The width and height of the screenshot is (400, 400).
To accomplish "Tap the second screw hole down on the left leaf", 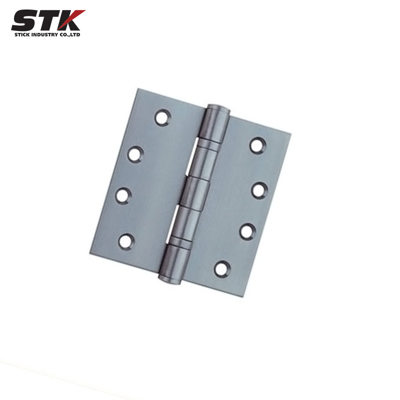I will tap(135, 153).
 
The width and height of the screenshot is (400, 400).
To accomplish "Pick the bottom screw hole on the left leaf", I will tap(126, 241).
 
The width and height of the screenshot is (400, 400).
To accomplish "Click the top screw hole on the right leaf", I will tap(257, 145).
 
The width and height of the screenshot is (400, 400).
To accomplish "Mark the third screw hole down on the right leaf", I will tap(247, 230).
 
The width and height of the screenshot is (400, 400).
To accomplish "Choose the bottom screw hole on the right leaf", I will tap(222, 268).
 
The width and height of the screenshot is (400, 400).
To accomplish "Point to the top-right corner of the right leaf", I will tap(290, 134).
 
